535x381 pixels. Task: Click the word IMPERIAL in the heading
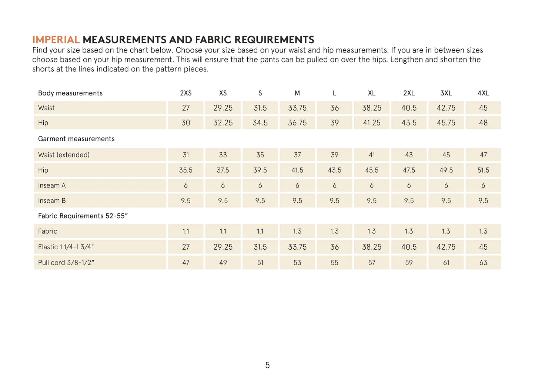[x=56, y=40]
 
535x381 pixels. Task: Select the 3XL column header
[x=446, y=93]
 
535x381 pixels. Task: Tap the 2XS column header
[x=186, y=93]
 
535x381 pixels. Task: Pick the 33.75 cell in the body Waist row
[x=297, y=108]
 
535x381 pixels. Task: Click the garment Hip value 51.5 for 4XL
[x=483, y=170]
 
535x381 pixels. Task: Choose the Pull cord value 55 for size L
[x=334, y=263]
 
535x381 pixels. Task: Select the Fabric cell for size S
[x=260, y=231]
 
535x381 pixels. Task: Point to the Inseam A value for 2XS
[x=186, y=185]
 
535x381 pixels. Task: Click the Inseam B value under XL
[x=372, y=200]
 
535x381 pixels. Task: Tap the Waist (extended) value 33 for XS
[x=223, y=155]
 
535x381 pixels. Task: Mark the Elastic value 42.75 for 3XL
[x=446, y=247]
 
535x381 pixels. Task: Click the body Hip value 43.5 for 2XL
[x=409, y=123]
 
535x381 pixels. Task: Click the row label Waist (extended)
[x=64, y=155]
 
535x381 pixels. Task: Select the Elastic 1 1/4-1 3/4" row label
[x=66, y=247]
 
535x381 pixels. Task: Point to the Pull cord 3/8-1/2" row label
[x=66, y=263]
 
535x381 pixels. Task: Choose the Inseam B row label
[x=52, y=200]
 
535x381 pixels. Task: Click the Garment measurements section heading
[x=76, y=139]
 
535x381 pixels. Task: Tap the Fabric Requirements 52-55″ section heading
[x=83, y=216]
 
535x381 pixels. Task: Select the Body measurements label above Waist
[x=70, y=93]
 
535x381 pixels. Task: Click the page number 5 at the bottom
[x=267, y=365]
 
